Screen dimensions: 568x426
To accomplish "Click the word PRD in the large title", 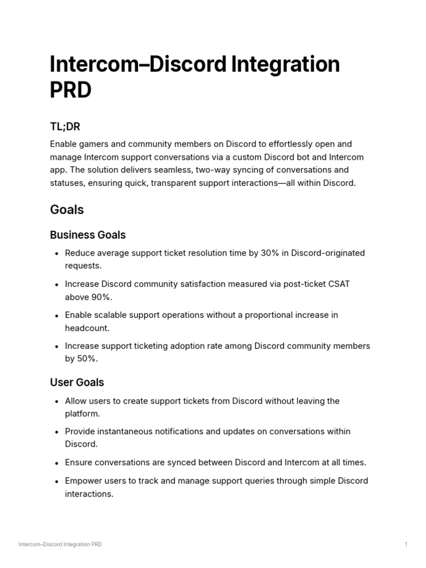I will pyautogui.click(x=70, y=90).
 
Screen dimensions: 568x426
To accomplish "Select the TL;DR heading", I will pyautogui.click(x=65, y=127).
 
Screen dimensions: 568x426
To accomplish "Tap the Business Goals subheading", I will pyautogui.click(x=88, y=235).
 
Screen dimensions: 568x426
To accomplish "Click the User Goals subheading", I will pyautogui.click(x=77, y=382).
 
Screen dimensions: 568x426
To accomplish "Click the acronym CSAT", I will pyautogui.click(x=338, y=284).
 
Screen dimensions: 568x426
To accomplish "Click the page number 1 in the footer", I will pyautogui.click(x=406, y=544).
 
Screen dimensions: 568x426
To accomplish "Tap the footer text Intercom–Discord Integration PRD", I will pyautogui.click(x=60, y=544).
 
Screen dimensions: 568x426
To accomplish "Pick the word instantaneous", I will pyautogui.click(x=125, y=431).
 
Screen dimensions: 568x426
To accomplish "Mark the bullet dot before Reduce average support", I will pyautogui.click(x=57, y=253).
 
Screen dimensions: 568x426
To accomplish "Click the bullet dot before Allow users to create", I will pyautogui.click(x=57, y=401).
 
